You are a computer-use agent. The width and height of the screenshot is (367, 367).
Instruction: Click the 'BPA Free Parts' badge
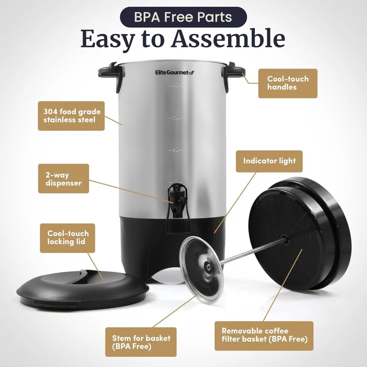183,17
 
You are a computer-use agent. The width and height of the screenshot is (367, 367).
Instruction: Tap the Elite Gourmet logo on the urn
174,73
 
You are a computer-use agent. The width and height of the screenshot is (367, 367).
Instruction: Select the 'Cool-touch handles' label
288,83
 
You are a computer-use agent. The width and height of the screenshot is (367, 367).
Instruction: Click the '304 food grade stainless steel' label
72,115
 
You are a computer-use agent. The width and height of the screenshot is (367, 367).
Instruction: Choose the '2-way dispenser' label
63,178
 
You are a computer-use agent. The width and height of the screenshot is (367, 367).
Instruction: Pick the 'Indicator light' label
269,161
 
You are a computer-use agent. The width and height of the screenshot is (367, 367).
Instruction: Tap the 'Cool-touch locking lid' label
68,238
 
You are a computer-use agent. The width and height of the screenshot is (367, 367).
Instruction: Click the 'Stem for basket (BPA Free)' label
141,342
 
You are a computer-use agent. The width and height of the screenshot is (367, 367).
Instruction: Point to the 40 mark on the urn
175,86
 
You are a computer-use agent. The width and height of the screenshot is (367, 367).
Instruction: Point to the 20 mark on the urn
175,150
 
